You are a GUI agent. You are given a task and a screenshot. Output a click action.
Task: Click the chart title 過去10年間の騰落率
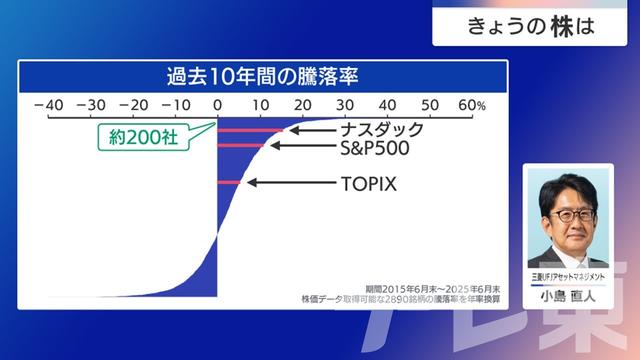[263, 76]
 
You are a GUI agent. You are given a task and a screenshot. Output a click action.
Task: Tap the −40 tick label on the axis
[47, 105]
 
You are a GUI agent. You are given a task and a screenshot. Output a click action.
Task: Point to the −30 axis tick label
[90, 105]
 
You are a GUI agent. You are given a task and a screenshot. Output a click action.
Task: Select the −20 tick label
[133, 105]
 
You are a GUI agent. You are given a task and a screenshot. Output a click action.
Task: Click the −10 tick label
[176, 105]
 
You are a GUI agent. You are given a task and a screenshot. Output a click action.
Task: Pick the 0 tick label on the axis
[218, 105]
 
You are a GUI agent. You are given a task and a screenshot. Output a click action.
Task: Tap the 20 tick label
[302, 105]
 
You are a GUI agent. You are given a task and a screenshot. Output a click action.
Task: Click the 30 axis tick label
[344, 105]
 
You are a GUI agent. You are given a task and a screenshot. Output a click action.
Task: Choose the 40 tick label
[386, 105]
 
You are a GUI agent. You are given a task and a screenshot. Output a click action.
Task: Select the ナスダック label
[381, 129]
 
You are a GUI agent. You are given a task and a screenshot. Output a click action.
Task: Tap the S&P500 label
[374, 147]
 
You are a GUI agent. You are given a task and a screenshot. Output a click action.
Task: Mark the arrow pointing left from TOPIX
[270, 183]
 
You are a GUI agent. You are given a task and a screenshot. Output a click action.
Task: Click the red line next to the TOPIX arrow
[230, 183]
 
